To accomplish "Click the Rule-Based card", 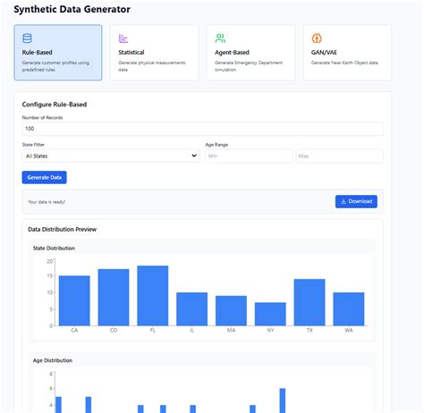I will [x=58, y=53].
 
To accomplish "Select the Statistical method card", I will [x=154, y=53].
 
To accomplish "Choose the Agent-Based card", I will [x=250, y=53].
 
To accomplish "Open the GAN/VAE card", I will [x=346, y=53].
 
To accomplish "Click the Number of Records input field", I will [x=202, y=128].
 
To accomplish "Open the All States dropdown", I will [x=111, y=156].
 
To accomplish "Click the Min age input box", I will [x=248, y=156].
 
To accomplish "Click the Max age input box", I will [x=339, y=156].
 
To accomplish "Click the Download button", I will [x=356, y=201].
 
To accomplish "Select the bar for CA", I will [x=74, y=300].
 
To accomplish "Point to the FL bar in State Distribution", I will [x=152, y=295].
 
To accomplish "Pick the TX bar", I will [x=309, y=302].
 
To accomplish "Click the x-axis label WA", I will [x=348, y=331].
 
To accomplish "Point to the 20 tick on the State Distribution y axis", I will [x=49, y=260].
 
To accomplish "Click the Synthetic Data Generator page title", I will [x=72, y=9].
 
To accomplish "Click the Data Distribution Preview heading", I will [x=62, y=230].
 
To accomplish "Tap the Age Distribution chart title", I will [x=52, y=360].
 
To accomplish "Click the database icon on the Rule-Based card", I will [x=27, y=38].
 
